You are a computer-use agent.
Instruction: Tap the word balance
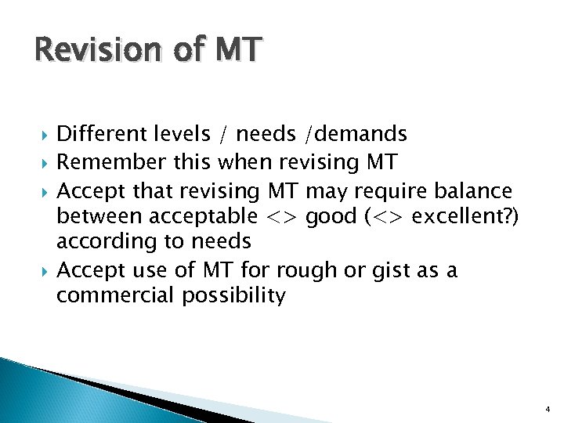click(x=473, y=190)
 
